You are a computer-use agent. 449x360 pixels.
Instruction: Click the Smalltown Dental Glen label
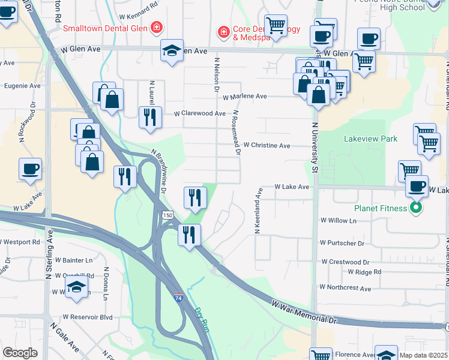click(x=106, y=28)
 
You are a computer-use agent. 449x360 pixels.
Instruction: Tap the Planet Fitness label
click(x=381, y=209)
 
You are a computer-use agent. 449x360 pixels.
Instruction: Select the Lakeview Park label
click(x=370, y=139)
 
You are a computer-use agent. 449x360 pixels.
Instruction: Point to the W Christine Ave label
click(x=267, y=145)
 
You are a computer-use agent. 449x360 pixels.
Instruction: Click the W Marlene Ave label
click(x=244, y=96)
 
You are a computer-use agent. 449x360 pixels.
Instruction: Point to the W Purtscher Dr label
click(x=342, y=243)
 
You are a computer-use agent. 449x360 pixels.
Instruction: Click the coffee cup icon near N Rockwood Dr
click(x=30, y=169)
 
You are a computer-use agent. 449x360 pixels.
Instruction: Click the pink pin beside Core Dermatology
click(x=223, y=31)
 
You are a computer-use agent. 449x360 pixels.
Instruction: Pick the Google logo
click(x=20, y=353)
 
